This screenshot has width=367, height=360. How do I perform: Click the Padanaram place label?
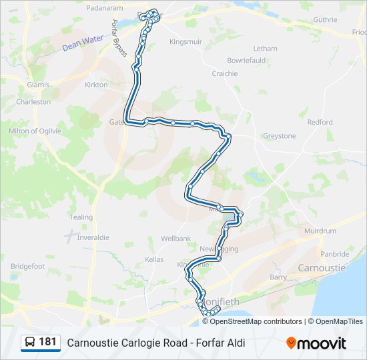click(105, 7)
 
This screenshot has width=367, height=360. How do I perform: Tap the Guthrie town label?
click(325, 20)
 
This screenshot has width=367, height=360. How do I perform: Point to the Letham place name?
click(265, 49)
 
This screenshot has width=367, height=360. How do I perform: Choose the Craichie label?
click(225, 73)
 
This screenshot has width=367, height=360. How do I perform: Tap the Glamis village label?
click(39, 85)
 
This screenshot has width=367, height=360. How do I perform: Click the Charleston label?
click(33, 102)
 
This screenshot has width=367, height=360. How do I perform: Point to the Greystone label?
click(279, 136)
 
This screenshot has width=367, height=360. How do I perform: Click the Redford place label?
click(320, 122)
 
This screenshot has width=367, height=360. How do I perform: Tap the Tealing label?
click(81, 217)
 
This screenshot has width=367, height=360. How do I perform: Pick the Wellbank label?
click(176, 238)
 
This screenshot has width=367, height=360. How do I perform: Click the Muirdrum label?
click(320, 231)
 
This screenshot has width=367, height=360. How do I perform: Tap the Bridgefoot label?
click(27, 266)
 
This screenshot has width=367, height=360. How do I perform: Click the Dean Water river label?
click(83, 43)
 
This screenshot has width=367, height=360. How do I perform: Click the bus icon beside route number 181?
click(30, 342)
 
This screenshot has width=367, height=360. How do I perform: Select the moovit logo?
click(316, 343)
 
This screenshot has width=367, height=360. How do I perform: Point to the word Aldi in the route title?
click(236, 343)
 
